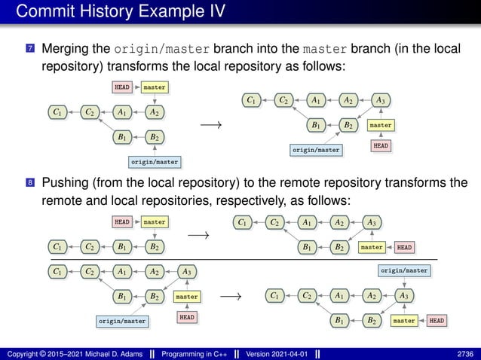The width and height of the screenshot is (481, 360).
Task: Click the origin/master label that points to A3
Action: [404, 270]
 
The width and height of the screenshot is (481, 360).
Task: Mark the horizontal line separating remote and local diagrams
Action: [240, 258]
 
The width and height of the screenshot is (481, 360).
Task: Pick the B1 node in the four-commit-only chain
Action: [121, 246]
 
